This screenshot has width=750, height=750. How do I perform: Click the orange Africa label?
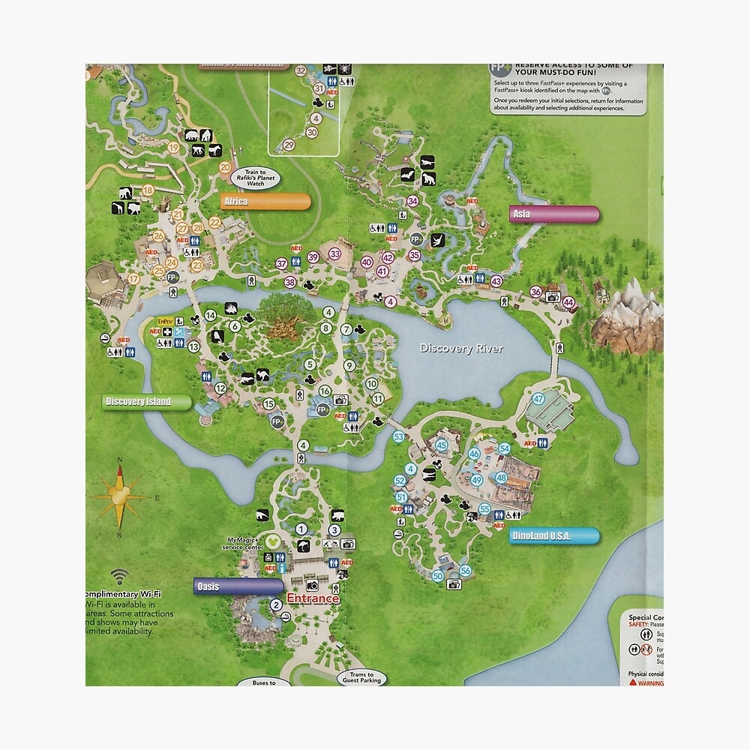(265, 201)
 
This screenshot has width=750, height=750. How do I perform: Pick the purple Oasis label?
(238, 586)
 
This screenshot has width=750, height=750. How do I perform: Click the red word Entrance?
(313, 598)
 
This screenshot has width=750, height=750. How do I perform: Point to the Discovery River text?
(461, 348)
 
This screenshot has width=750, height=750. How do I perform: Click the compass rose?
(118, 495)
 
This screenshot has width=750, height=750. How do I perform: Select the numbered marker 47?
(538, 399)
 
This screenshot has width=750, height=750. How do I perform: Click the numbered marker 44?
(569, 303)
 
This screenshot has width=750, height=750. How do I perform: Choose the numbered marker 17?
(134, 279)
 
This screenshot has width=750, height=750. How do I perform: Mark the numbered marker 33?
(335, 254)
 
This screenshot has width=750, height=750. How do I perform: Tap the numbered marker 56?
(465, 570)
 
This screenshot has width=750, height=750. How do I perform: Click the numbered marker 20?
(225, 168)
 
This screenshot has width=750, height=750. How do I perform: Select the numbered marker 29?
(289, 145)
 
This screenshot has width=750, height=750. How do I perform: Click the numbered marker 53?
(398, 436)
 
